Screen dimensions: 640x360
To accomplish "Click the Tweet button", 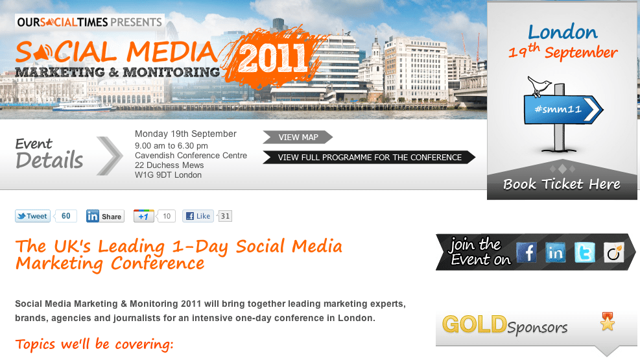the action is pos(32,216).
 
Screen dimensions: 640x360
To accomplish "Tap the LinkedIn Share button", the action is pos(105,216).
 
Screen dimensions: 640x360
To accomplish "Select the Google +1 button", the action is pos(144,216).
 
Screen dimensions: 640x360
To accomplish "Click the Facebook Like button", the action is pos(198,216).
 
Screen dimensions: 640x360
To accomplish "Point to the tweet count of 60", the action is pos(65,216).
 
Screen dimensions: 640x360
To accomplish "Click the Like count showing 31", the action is pos(225,216).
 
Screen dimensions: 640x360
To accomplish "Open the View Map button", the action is pos(298,137).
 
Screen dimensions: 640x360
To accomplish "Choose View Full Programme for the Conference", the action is pos(370,157).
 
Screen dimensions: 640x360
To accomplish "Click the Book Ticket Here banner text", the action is pos(562,184).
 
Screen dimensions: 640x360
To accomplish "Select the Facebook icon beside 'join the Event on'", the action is pos(526,252).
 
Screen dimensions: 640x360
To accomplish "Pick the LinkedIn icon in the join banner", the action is pos(556,252).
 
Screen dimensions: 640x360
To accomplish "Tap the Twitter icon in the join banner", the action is pos(584,252).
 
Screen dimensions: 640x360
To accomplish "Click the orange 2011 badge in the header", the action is pos(272,56).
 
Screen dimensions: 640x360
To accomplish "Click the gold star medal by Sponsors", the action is pos(608,322).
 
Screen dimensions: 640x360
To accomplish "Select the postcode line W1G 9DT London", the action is pos(168,175).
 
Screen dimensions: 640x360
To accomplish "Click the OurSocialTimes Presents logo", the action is pos(89,22).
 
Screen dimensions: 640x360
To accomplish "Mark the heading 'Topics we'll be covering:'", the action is pos(94,344).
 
